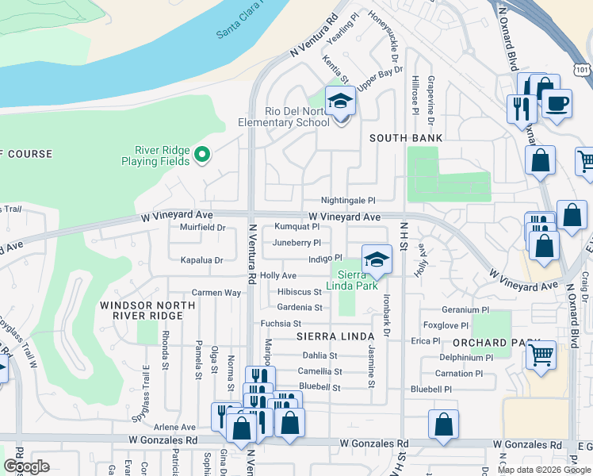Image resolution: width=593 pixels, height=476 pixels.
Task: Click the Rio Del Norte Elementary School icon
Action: point(340,102)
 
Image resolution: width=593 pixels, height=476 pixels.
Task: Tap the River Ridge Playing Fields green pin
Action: point(202,154)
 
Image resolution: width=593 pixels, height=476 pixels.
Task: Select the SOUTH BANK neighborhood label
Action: point(406,138)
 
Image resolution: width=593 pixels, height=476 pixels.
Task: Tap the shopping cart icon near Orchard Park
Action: point(541,354)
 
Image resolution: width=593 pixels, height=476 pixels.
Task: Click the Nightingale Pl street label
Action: point(347,201)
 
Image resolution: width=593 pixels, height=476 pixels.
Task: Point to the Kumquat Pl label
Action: point(296,227)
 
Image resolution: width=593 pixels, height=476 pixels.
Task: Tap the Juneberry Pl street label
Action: point(296,243)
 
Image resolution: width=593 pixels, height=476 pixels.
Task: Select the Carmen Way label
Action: point(216,293)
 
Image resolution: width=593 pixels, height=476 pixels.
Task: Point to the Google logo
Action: point(26,466)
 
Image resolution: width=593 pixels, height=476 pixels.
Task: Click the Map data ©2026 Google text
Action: point(544,470)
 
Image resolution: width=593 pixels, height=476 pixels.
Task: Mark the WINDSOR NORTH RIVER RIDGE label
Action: point(147,310)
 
